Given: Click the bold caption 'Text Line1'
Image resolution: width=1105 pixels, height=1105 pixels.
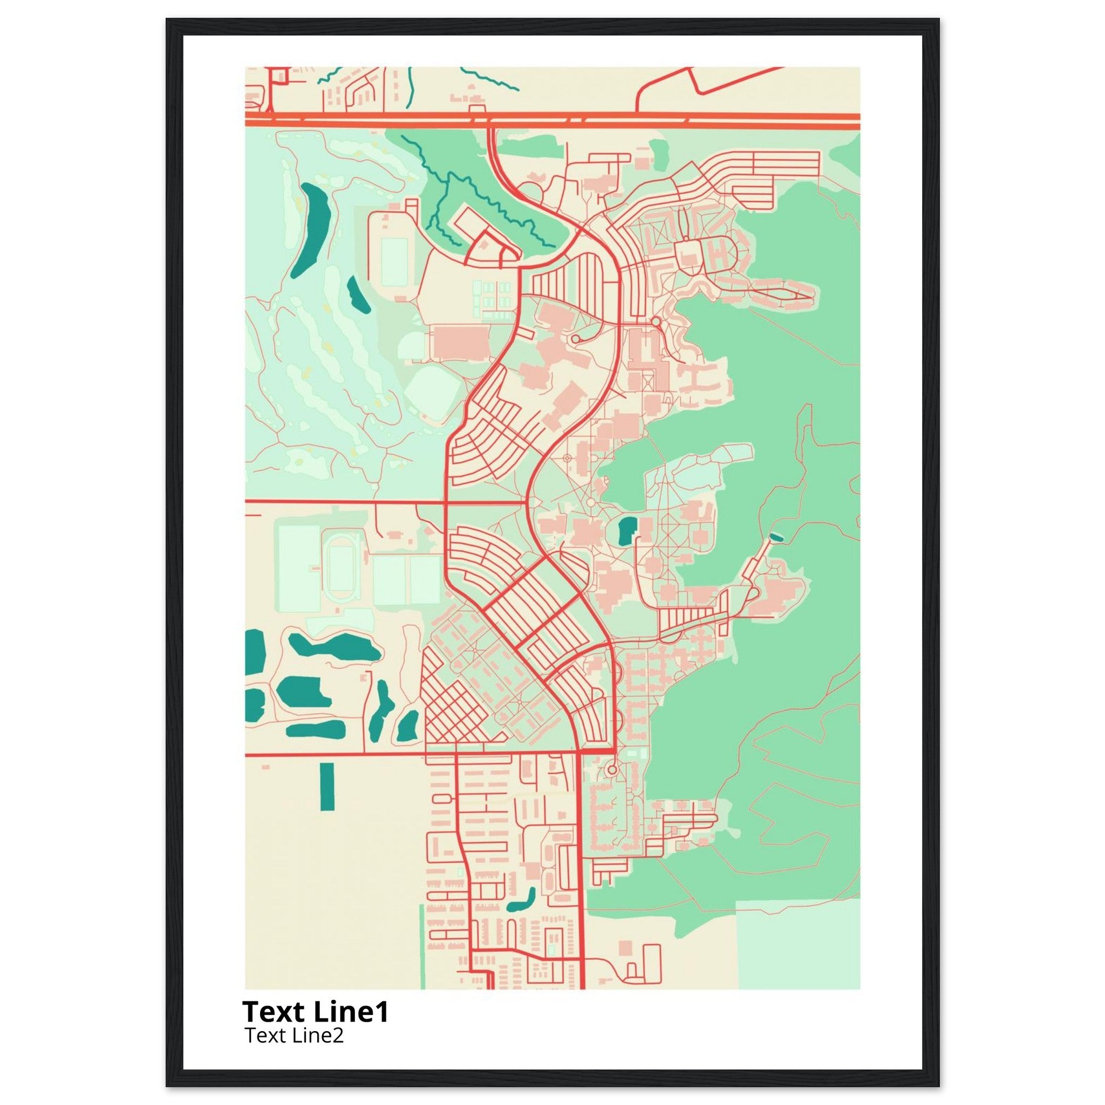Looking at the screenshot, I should [315, 1012].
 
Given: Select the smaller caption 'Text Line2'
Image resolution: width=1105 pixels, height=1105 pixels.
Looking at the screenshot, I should [294, 1036].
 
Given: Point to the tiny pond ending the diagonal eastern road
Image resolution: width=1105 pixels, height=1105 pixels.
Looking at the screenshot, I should [775, 536].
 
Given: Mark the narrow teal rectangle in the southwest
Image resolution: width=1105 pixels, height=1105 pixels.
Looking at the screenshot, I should [327, 787].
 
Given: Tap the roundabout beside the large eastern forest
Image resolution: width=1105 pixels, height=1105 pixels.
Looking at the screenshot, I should [655, 323].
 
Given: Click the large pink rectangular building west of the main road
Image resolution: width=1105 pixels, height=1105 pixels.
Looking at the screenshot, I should [460, 343].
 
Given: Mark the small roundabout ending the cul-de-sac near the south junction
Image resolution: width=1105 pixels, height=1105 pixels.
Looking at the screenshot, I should [612, 770].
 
